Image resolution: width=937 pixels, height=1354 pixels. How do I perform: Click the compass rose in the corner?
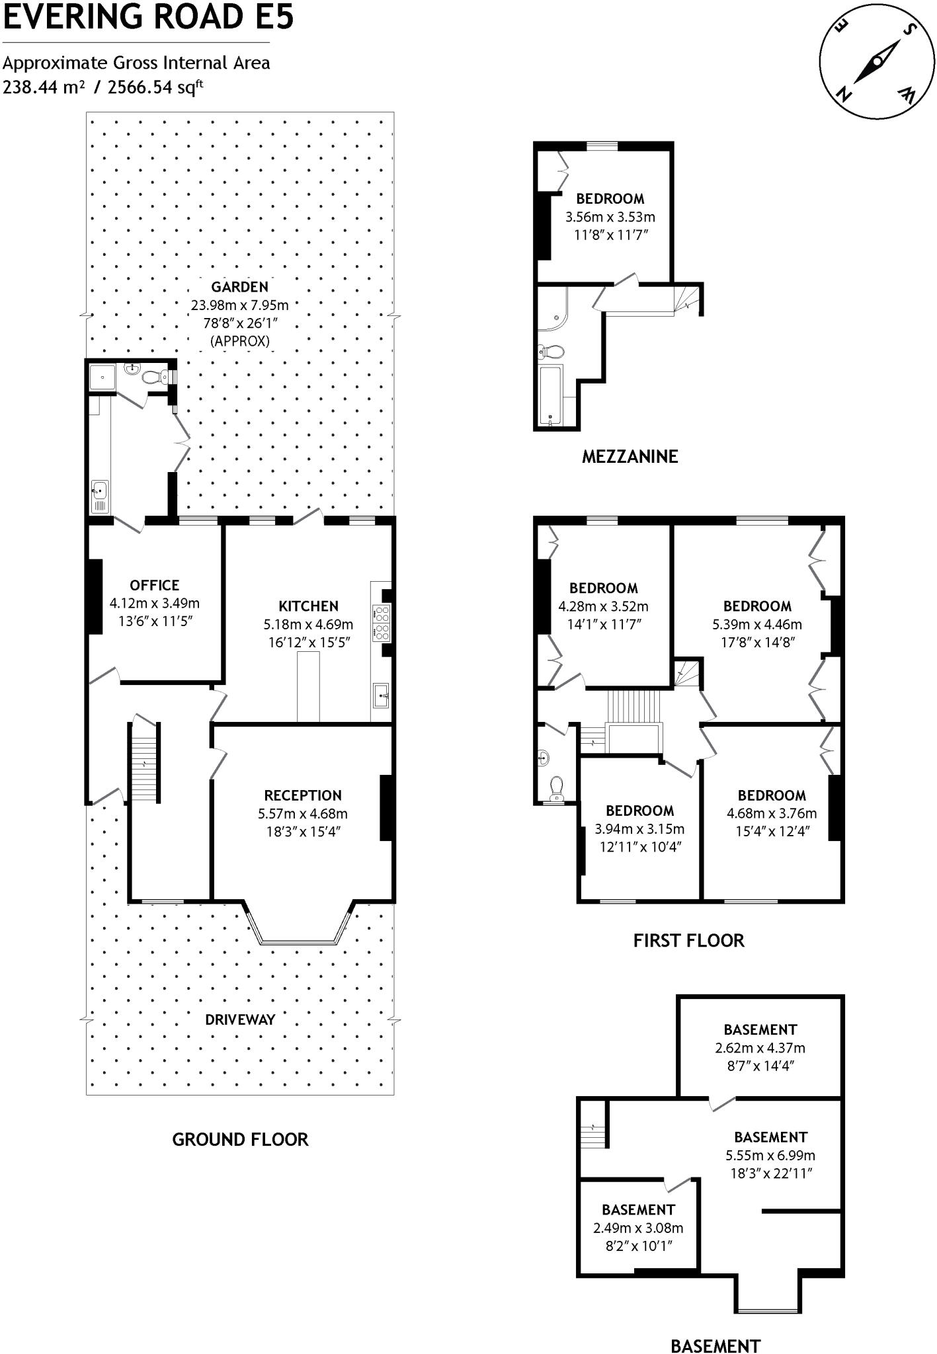pyautogui.click(x=877, y=63)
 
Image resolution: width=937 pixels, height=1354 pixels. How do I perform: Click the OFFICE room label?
pyautogui.click(x=154, y=585)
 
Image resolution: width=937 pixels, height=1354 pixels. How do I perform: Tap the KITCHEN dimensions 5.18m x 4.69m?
pyautogui.click(x=308, y=624)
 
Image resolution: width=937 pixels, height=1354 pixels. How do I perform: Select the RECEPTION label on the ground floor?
pyautogui.click(x=303, y=795)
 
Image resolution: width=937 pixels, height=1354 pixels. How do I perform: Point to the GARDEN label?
pyautogui.click(x=239, y=287)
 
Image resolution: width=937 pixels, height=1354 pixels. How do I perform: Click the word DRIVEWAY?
pyautogui.click(x=239, y=1019)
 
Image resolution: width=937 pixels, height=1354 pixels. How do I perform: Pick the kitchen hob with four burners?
pyautogui.click(x=382, y=622)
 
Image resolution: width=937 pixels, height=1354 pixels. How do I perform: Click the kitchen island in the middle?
pyautogui.click(x=307, y=686)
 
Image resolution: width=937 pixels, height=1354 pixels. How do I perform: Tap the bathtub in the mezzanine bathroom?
pyautogui.click(x=550, y=395)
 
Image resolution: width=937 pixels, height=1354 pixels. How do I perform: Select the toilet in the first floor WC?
pyautogui.click(x=557, y=787)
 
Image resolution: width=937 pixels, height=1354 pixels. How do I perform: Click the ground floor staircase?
pyautogui.click(x=144, y=763)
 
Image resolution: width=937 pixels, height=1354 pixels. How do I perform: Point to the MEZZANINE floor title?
pyautogui.click(x=630, y=456)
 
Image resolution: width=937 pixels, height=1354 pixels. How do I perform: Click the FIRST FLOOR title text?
pyautogui.click(x=688, y=940)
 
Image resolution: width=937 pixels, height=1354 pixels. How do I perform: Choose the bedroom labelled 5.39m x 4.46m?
pyautogui.click(x=756, y=624)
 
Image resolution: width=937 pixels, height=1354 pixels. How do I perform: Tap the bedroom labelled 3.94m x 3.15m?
pyautogui.click(x=639, y=829)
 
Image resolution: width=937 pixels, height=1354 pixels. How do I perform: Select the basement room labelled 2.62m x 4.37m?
pyautogui.click(x=760, y=1048)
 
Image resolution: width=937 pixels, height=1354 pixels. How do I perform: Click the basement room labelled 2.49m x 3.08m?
pyautogui.click(x=638, y=1228)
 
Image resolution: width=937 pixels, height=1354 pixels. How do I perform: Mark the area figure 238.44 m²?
pyautogui.click(x=44, y=87)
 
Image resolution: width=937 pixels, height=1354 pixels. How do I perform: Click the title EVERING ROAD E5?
pyautogui.click(x=148, y=17)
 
